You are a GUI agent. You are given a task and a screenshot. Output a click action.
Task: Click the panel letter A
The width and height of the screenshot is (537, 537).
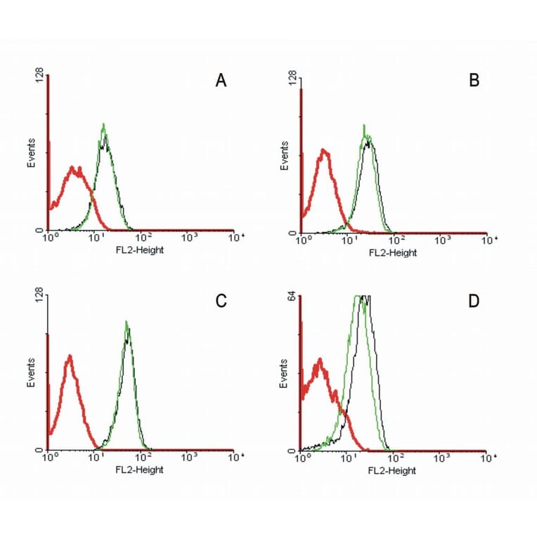tap(221, 82)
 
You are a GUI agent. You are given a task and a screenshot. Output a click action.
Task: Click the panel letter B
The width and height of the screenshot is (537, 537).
tap(474, 82)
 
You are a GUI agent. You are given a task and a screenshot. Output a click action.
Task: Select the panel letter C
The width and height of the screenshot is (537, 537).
tap(221, 301)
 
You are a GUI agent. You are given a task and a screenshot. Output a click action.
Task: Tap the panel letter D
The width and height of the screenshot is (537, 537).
tap(474, 301)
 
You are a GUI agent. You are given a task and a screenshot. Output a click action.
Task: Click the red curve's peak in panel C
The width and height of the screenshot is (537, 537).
tap(69, 356)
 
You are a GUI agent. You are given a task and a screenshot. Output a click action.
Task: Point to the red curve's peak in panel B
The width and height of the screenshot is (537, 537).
tap(323, 150)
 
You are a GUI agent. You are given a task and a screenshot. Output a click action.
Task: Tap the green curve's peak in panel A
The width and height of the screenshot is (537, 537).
tap(104, 125)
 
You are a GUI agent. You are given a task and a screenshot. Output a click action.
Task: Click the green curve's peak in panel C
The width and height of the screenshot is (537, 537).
tap(127, 323)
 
